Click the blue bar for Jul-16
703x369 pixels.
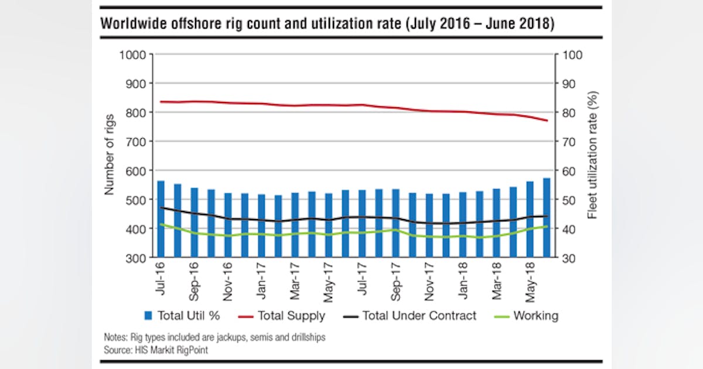(x=161, y=220)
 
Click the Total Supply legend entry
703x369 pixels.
(x=282, y=316)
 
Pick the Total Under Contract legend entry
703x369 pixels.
(x=409, y=316)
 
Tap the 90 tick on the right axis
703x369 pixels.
(x=573, y=83)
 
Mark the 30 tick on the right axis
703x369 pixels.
(x=573, y=258)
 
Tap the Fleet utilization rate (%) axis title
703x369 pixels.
(x=592, y=155)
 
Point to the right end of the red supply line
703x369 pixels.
(x=547, y=121)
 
